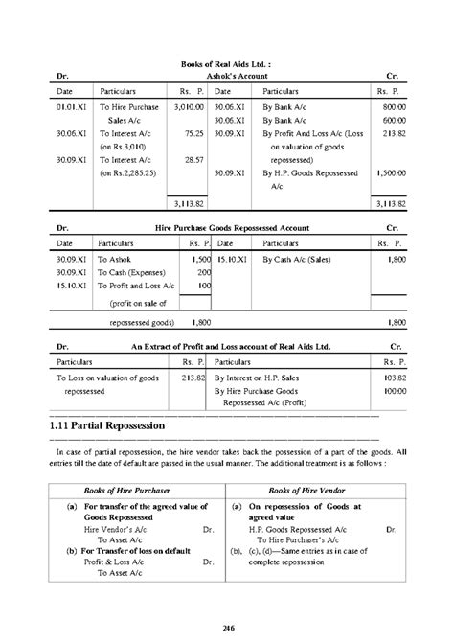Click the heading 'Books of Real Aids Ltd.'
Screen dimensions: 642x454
(225, 63)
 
